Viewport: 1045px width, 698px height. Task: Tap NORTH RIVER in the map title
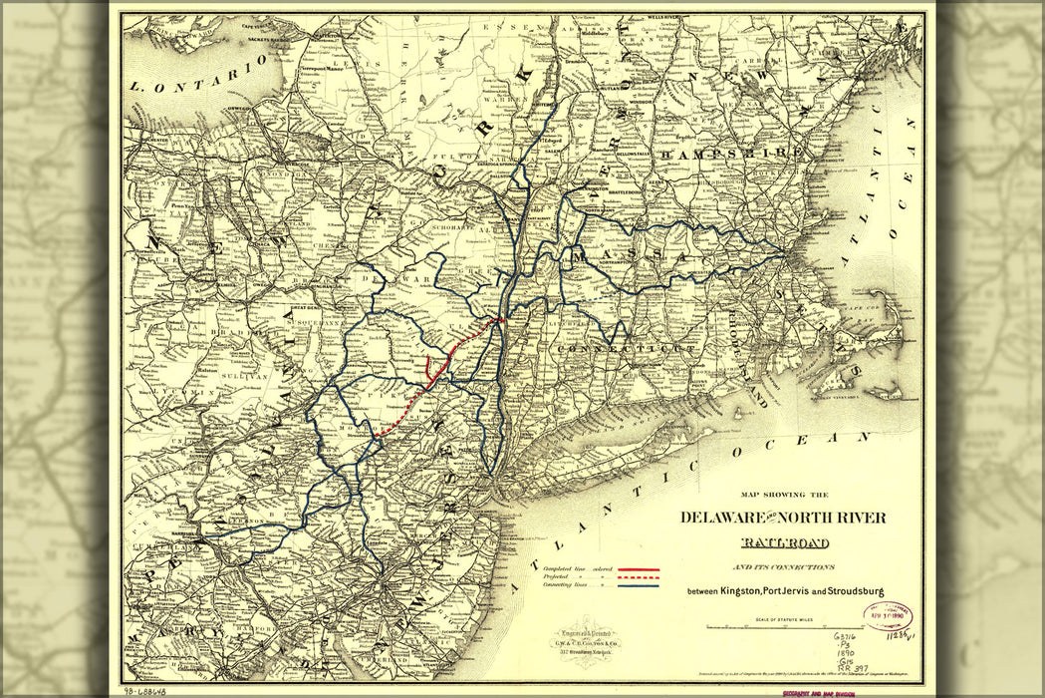click(836, 518)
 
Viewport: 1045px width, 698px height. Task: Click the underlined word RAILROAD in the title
click(784, 542)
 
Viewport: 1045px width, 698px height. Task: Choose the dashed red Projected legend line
click(639, 575)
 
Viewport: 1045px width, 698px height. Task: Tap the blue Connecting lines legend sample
click(639, 585)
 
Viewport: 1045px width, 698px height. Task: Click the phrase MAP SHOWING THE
click(783, 495)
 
